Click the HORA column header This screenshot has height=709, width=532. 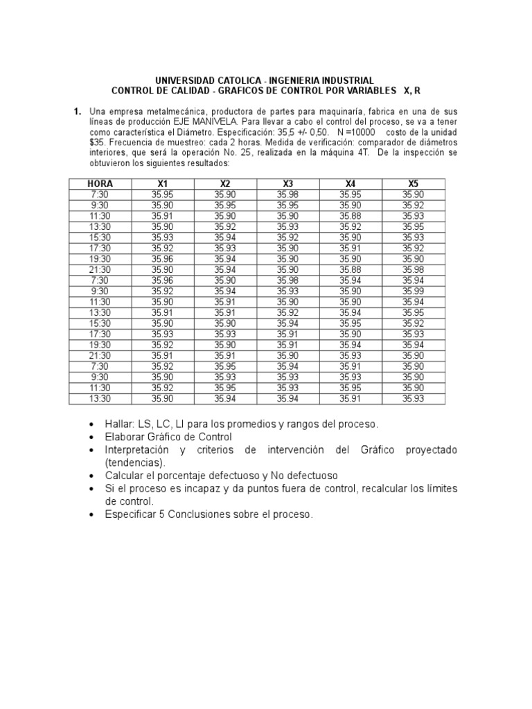click(100, 183)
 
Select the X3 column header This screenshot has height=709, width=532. click(288, 183)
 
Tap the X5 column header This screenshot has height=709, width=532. click(414, 183)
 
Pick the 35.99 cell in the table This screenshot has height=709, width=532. click(414, 291)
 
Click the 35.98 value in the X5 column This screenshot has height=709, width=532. click(414, 270)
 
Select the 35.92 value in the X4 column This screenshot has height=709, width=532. click(351, 226)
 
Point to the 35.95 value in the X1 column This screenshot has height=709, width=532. click(163, 195)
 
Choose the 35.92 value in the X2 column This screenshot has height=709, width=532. click(225, 226)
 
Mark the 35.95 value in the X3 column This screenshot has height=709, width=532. click(288, 205)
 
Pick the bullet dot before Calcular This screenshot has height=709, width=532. click(93, 476)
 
